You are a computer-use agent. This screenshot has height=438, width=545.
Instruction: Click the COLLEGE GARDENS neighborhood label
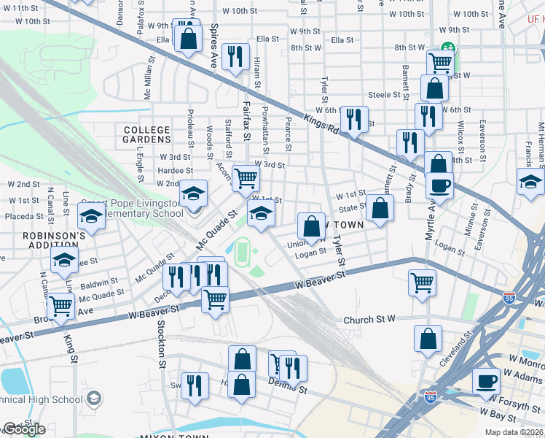click(146, 135)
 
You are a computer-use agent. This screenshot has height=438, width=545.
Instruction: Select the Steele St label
click(385, 95)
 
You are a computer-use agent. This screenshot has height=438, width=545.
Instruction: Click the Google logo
click(23, 429)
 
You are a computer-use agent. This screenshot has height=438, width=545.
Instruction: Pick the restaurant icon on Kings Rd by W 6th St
click(354, 118)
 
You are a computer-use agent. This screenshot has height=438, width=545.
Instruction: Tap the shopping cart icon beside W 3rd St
click(246, 177)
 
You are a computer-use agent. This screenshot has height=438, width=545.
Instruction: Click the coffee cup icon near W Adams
click(486, 380)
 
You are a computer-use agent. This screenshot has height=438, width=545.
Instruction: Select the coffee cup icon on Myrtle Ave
click(439, 185)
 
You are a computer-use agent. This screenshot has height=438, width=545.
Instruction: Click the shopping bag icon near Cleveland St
click(428, 337)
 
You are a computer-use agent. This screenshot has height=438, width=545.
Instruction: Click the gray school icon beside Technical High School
click(93, 399)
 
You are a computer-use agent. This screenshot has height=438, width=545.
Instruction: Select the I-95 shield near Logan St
click(509, 298)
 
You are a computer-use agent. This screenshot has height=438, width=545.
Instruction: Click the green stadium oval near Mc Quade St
click(242, 252)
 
